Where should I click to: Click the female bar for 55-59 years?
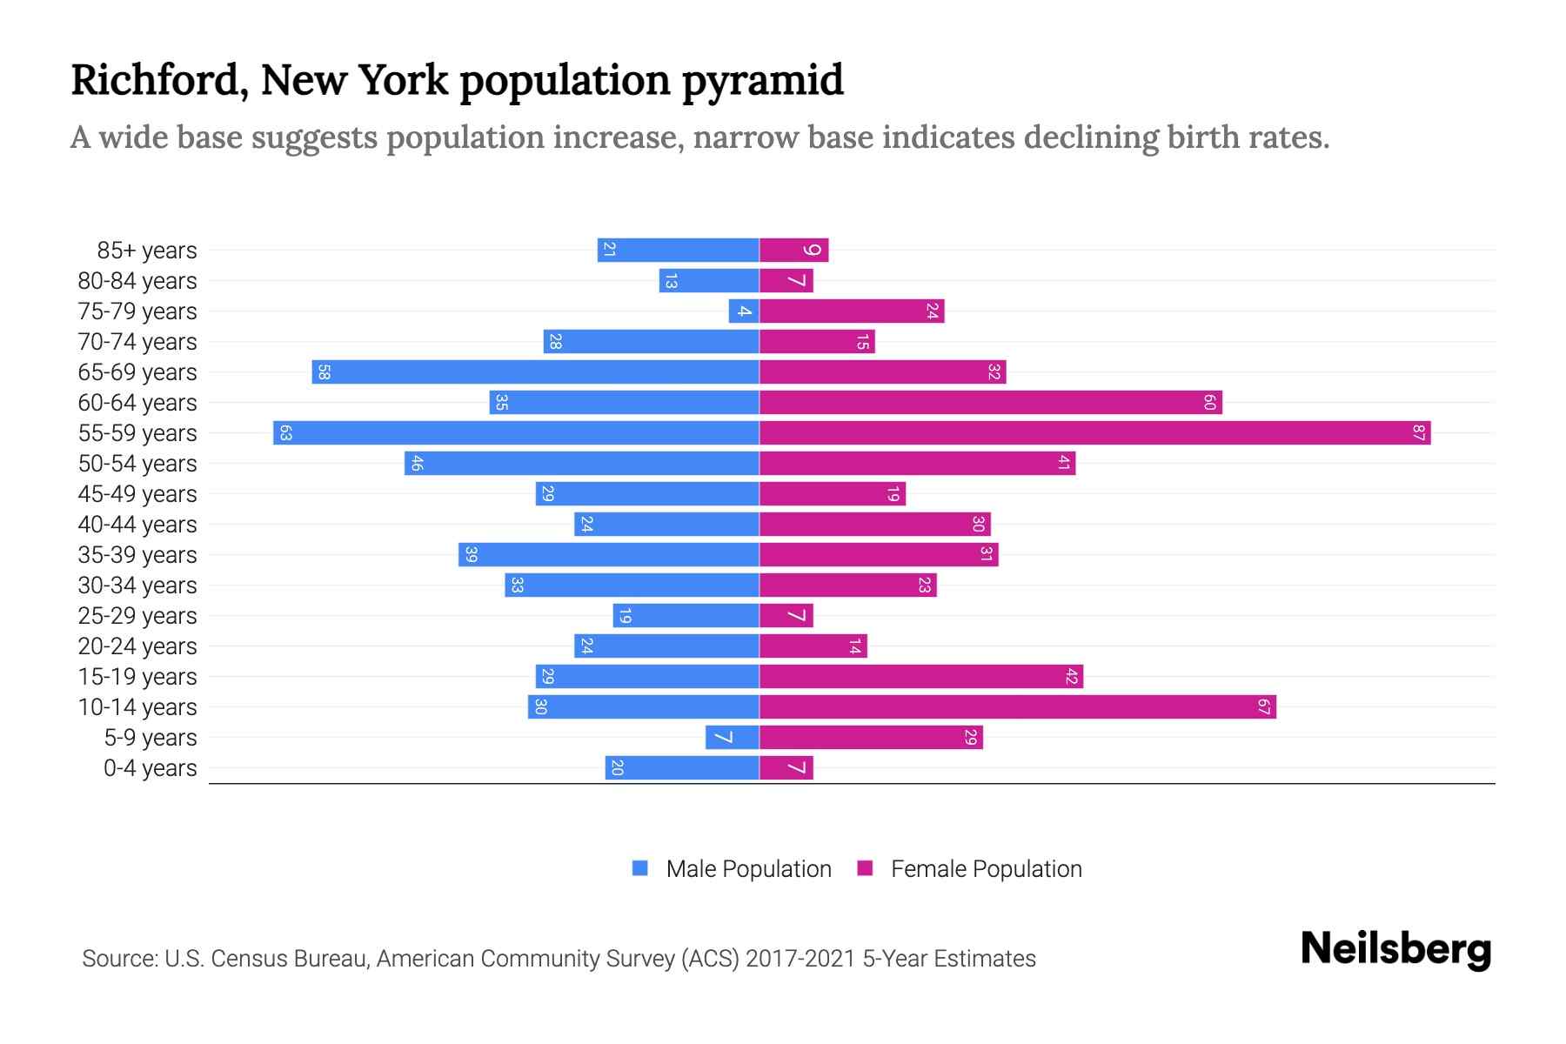1094,432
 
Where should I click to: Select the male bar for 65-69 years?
535,371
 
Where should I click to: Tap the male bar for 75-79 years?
744,311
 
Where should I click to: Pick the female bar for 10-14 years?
1017,706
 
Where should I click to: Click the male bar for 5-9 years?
732,737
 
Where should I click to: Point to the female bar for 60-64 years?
990,402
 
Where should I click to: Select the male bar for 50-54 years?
581,463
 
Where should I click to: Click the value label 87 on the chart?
1419,432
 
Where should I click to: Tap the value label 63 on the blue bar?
285,432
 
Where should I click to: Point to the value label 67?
1264,706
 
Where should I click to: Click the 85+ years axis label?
147,251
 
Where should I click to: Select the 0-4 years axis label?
150,768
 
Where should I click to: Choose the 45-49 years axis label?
137,494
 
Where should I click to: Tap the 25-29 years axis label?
137,616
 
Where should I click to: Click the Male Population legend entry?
747,868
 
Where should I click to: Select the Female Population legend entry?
985,868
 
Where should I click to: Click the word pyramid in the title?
762,81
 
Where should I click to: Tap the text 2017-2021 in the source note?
800,958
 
